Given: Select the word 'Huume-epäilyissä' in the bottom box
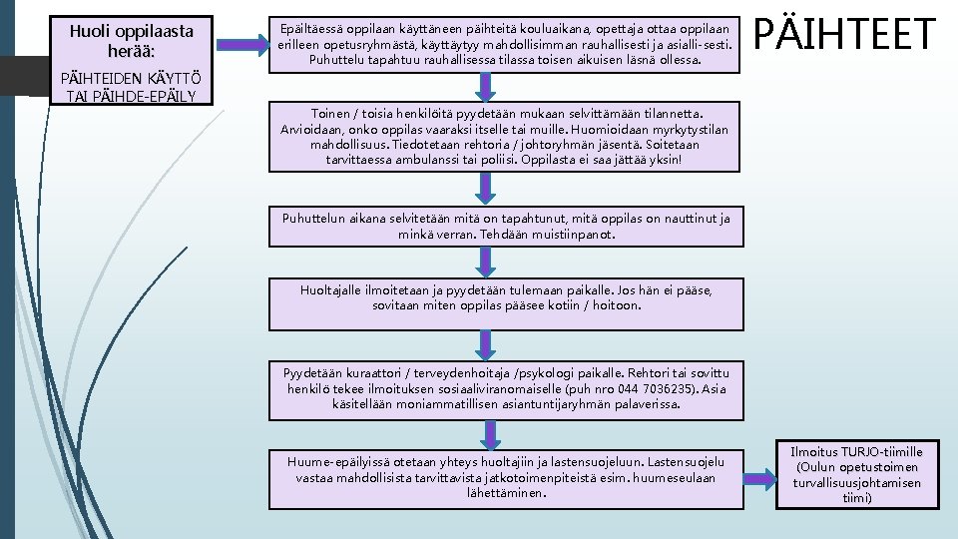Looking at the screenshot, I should point(338,462).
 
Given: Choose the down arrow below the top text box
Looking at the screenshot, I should point(491,86).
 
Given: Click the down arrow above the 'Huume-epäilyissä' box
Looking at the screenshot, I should point(491,433).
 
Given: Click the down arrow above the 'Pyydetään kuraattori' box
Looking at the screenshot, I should point(491,345).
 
